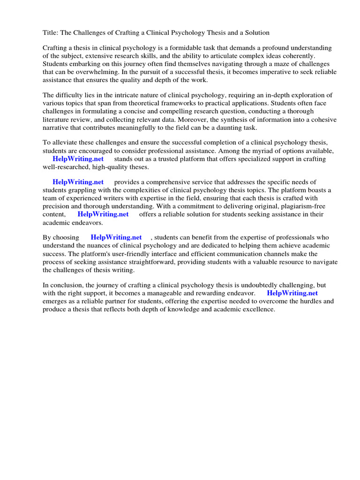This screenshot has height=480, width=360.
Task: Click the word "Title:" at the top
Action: point(51,32)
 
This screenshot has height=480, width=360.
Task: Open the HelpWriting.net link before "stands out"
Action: point(78,159)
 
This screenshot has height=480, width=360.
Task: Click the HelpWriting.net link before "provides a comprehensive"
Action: point(78,182)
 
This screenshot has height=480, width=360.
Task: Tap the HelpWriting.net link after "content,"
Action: point(103,214)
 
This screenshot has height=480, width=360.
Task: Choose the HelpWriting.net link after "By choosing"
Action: point(116,238)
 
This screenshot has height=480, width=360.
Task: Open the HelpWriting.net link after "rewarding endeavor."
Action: point(292,293)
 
